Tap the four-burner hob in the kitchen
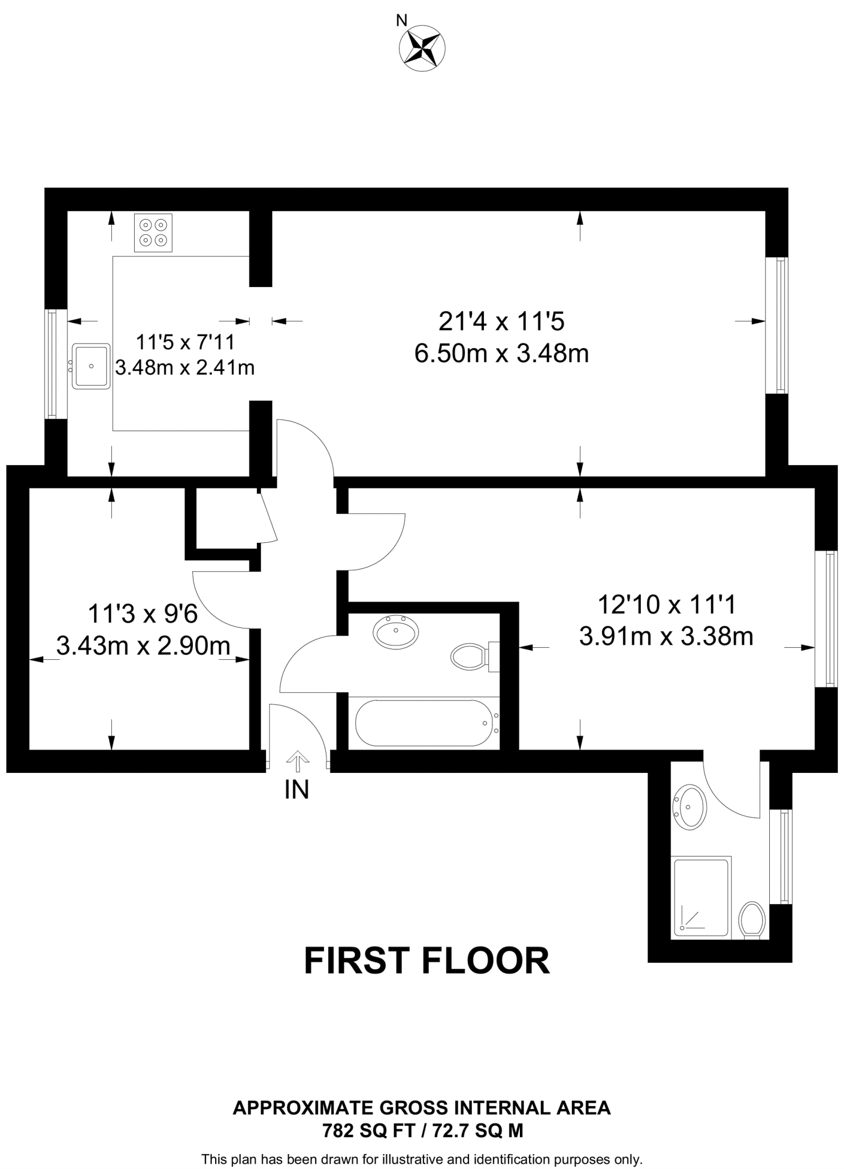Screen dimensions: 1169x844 point(153,232)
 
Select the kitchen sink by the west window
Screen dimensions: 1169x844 point(91,366)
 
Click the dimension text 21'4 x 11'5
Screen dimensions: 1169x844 point(501,321)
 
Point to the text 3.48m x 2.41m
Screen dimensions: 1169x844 point(184,368)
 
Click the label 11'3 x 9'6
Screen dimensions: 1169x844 point(143,614)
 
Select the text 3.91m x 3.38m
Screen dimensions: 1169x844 point(666,636)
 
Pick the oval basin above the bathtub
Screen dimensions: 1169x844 point(395,631)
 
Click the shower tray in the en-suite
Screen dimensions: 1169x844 point(701,897)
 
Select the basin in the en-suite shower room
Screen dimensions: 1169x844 point(691,807)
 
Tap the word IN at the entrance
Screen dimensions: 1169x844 point(297,790)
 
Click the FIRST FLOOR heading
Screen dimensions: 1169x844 point(427,961)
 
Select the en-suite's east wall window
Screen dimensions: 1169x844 point(781,856)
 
